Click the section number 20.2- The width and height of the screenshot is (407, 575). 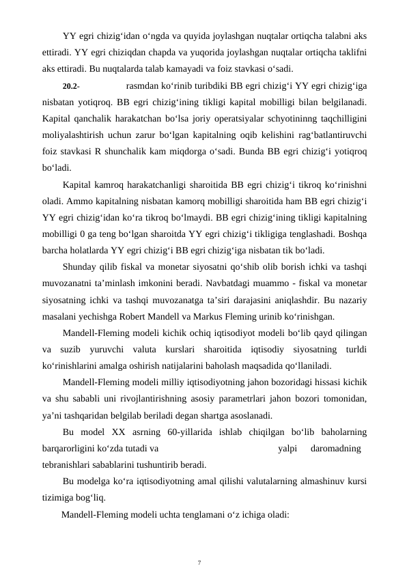[x=70, y=87]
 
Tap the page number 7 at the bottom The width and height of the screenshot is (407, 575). [x=199, y=544]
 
